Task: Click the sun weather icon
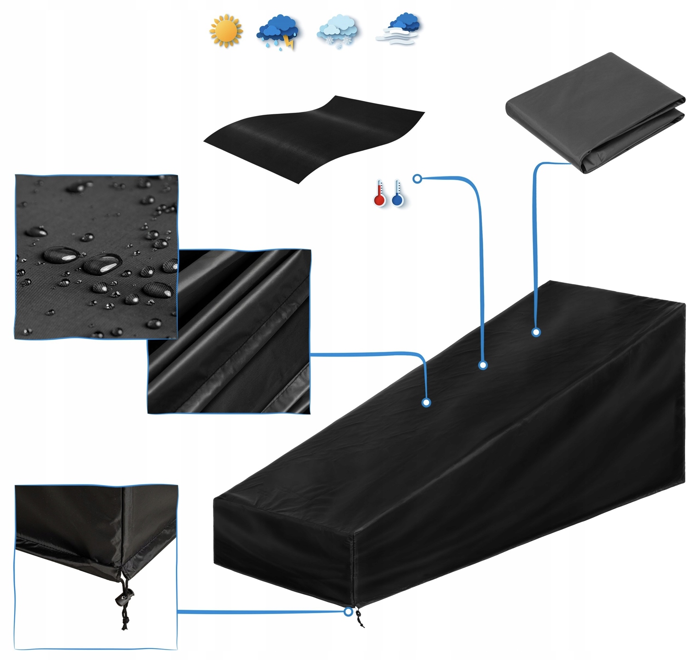(x=226, y=30)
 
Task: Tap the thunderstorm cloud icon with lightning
(x=278, y=31)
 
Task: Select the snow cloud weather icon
(x=337, y=31)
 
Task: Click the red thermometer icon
(x=379, y=193)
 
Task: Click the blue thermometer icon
(x=397, y=193)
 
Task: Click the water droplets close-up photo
(x=96, y=257)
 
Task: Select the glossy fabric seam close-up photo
(x=229, y=330)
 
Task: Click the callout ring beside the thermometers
(x=417, y=179)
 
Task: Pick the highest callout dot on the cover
(x=536, y=332)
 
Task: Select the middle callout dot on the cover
(x=483, y=365)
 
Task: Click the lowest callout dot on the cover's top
(x=426, y=403)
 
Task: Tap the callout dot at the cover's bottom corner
(x=348, y=612)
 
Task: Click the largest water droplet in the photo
(x=102, y=264)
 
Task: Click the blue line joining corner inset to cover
(x=261, y=612)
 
